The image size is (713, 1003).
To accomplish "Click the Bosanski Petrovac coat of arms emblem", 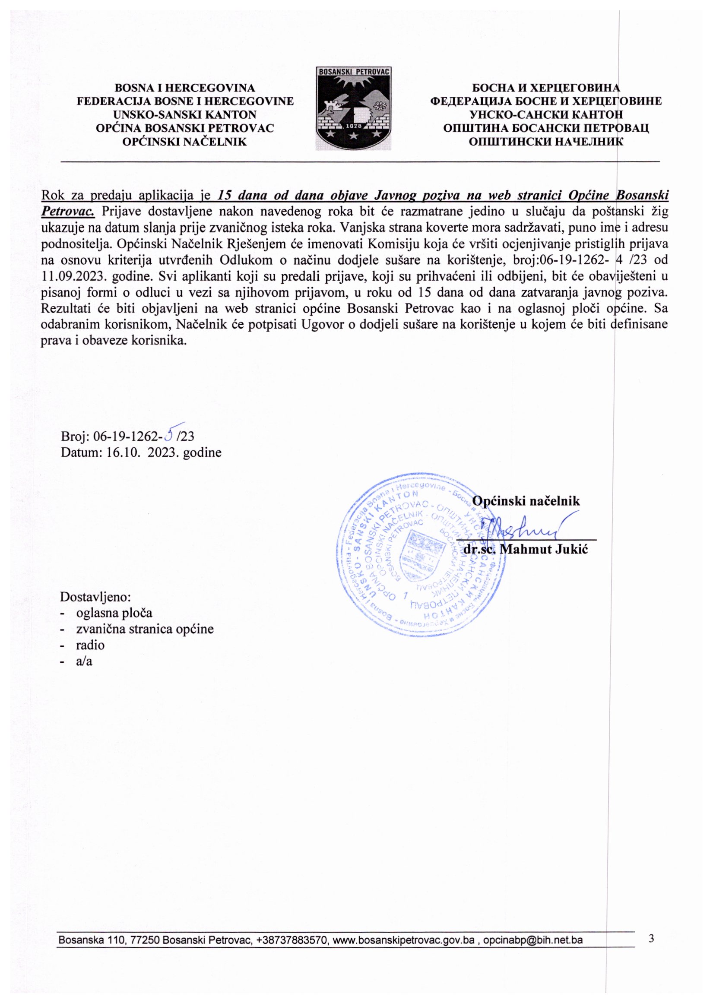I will pyautogui.click(x=353, y=108).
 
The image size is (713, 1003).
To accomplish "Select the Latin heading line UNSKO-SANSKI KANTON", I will pyautogui.click(x=184, y=114).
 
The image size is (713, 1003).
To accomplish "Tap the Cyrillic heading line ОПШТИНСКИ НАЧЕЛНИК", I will pyautogui.click(x=546, y=141).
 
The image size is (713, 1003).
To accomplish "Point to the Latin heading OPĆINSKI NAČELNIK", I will pyautogui.click(x=184, y=141).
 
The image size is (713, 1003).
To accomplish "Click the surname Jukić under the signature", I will pyautogui.click(x=571, y=550).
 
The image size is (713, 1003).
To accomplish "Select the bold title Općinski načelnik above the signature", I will pyautogui.click(x=526, y=501).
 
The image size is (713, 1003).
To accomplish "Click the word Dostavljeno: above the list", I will pyautogui.click(x=96, y=597).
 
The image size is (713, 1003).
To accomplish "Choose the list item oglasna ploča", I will pyautogui.click(x=114, y=613).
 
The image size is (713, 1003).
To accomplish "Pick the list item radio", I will pyautogui.click(x=90, y=645).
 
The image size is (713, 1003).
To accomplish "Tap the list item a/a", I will pyautogui.click(x=84, y=661).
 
